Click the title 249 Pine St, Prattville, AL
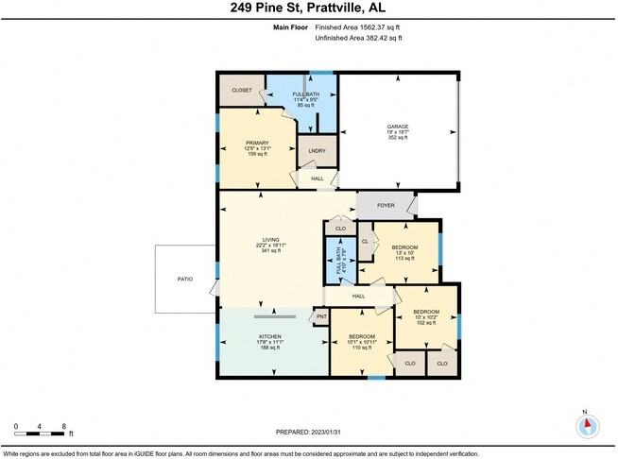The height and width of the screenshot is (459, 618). [309, 8]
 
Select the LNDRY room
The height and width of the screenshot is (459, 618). [318, 151]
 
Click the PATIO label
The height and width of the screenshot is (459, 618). [185, 279]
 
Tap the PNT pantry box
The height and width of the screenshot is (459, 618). [321, 316]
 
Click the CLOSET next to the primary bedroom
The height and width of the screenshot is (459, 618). [242, 91]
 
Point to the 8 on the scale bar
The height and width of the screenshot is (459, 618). [63, 426]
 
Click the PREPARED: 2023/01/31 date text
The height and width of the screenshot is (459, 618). [309, 432]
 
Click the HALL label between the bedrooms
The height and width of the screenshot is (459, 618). [358, 297]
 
